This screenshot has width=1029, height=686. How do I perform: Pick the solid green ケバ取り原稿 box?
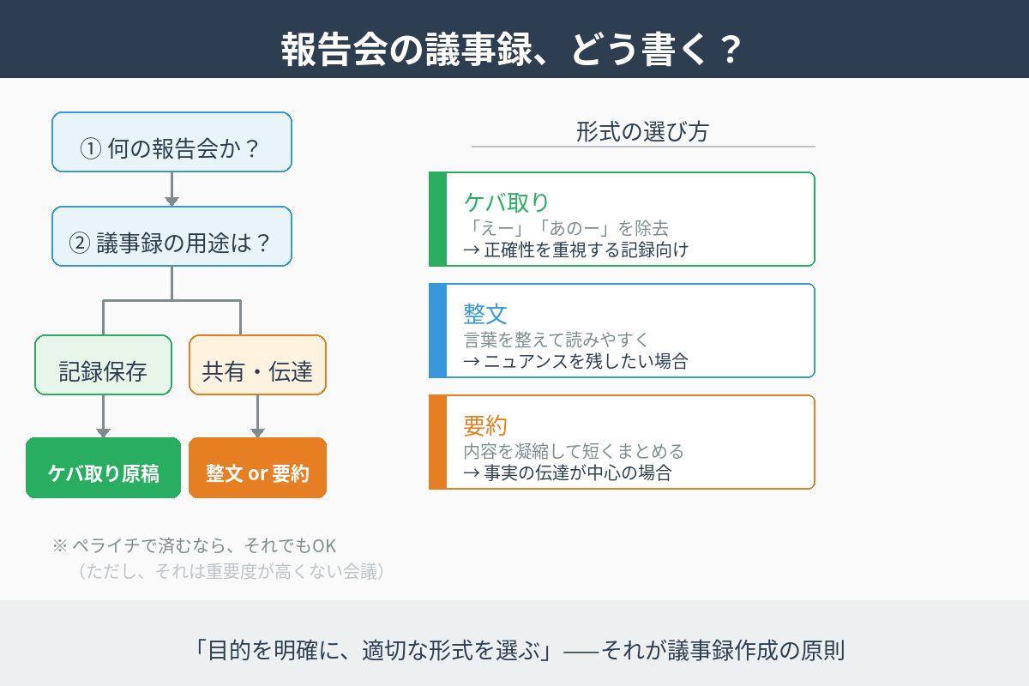(103, 468)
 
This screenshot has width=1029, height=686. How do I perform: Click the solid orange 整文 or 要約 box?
(257, 468)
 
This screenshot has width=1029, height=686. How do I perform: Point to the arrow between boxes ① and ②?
(171, 190)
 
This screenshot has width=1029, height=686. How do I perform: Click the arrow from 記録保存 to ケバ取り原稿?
(103, 417)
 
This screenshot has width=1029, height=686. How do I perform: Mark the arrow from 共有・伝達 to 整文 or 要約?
(257, 417)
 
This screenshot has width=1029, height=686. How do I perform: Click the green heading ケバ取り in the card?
(506, 202)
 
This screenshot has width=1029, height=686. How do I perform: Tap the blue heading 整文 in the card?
(485, 314)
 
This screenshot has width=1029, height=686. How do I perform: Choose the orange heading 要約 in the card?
(485, 425)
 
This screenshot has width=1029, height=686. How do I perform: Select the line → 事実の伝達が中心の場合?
(567, 472)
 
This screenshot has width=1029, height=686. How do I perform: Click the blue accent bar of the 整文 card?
(437, 331)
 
